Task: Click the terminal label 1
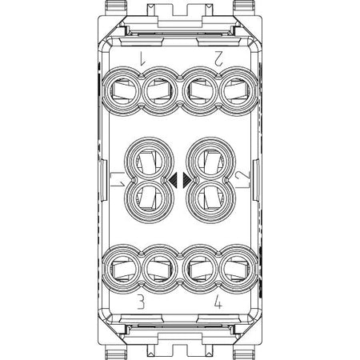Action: (x=142, y=58)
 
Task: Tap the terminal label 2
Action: (x=218, y=58)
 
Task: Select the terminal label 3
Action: (x=141, y=302)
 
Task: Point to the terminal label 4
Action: (x=218, y=302)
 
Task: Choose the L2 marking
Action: (x=242, y=179)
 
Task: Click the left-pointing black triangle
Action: (x=173, y=179)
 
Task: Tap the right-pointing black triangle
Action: (x=186, y=179)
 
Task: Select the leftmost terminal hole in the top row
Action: (x=122, y=91)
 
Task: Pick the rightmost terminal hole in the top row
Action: (x=238, y=91)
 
